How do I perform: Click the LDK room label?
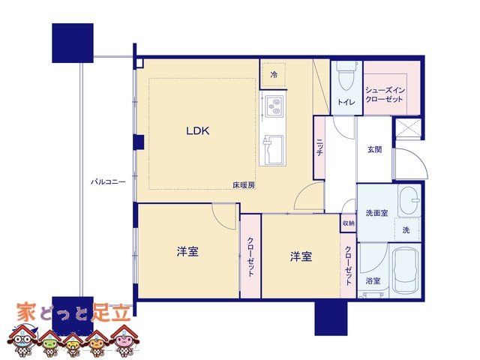198,131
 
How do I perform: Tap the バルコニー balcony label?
108,182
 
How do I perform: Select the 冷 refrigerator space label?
274,74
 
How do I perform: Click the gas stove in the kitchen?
274,106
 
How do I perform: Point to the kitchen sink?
272,150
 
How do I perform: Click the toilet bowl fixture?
346,76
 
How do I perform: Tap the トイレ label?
346,102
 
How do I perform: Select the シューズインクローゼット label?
385,95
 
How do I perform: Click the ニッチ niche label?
319,148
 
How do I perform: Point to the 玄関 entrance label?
374,150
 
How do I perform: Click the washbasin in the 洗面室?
409,200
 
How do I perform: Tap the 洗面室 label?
376,213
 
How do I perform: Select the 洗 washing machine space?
406,230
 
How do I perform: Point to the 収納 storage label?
348,223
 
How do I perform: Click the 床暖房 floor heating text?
244,185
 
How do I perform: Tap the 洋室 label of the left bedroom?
187,252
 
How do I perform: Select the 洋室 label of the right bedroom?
301,256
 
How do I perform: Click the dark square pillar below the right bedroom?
331,318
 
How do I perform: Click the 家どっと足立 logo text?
73,313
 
